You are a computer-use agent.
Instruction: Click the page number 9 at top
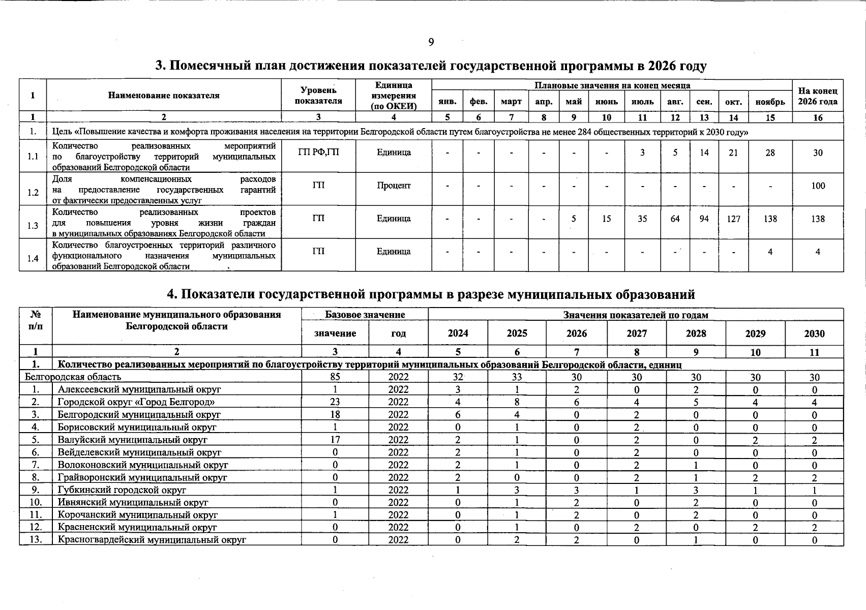[431, 42]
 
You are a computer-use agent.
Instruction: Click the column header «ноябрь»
[770, 102]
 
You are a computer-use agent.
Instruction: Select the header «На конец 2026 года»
[817, 96]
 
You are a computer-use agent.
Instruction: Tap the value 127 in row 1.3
[733, 219]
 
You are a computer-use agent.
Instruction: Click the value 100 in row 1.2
[818, 186]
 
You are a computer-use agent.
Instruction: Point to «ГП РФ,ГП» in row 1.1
[318, 152]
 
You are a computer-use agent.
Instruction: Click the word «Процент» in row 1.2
[394, 186]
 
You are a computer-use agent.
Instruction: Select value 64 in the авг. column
[675, 219]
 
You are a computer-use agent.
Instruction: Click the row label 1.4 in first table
[33, 259]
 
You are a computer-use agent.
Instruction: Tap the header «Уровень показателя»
[318, 96]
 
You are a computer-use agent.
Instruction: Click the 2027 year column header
[636, 333]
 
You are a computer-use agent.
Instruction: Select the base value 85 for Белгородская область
[335, 377]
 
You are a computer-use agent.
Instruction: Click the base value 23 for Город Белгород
[335, 402]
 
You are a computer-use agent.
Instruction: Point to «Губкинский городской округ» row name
[122, 490]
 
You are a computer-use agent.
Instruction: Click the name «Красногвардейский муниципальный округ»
[152, 540]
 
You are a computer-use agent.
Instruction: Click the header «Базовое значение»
[365, 315]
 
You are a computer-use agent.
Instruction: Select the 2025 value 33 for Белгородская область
[517, 377]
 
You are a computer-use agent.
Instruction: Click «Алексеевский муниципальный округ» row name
[139, 390]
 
